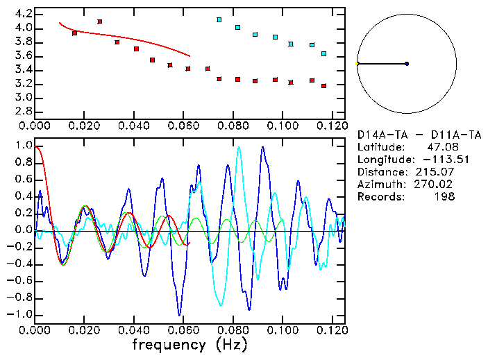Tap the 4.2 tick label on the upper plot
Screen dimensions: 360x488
point(22,14)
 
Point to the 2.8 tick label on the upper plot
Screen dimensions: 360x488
point(22,112)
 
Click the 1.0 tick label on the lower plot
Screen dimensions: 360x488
point(22,146)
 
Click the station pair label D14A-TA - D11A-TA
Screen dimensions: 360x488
point(419,134)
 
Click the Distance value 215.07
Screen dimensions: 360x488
point(438,171)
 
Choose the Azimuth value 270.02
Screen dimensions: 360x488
point(438,184)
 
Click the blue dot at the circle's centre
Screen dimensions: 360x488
point(407,64)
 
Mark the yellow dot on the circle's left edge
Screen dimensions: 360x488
point(357,64)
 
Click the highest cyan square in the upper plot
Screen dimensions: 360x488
point(219,19)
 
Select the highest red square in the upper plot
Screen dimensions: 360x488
point(100,22)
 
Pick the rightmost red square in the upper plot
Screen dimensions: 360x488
point(324,86)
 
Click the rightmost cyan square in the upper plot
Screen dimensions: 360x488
point(324,53)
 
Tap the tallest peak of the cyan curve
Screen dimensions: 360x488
point(239,147)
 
